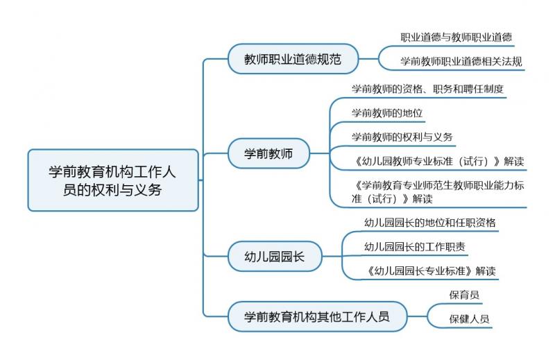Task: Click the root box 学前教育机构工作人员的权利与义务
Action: click(x=113, y=180)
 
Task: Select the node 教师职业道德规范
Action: click(x=293, y=59)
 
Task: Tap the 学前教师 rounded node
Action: click(x=268, y=153)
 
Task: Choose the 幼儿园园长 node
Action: click(x=275, y=256)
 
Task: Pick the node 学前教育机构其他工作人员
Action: click(x=317, y=316)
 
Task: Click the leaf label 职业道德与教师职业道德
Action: click(x=456, y=37)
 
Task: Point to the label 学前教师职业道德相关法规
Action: click(x=461, y=61)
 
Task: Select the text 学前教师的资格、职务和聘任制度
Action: click(x=427, y=89)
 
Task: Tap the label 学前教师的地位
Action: click(x=387, y=113)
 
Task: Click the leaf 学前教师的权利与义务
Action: click(x=402, y=137)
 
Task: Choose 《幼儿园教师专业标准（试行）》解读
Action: click(x=438, y=161)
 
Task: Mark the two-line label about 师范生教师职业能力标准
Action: click(x=438, y=192)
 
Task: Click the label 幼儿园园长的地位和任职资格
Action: click(x=429, y=222)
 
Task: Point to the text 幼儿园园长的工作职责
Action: click(x=414, y=246)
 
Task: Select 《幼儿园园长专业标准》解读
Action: click(x=430, y=271)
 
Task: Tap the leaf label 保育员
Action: click(x=464, y=295)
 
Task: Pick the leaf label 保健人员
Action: click(x=469, y=318)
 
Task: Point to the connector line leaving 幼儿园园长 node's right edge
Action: click(x=332, y=256)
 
